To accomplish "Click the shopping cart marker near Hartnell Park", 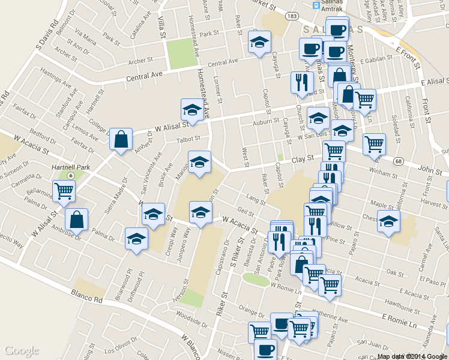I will [64, 191].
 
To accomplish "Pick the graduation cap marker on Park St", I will [260, 42].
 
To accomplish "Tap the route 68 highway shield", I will [398, 161].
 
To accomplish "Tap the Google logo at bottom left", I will [22, 350].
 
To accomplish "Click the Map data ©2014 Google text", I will [412, 356].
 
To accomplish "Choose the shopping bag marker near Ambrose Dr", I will [76, 220].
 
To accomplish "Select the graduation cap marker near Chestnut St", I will [388, 221].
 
